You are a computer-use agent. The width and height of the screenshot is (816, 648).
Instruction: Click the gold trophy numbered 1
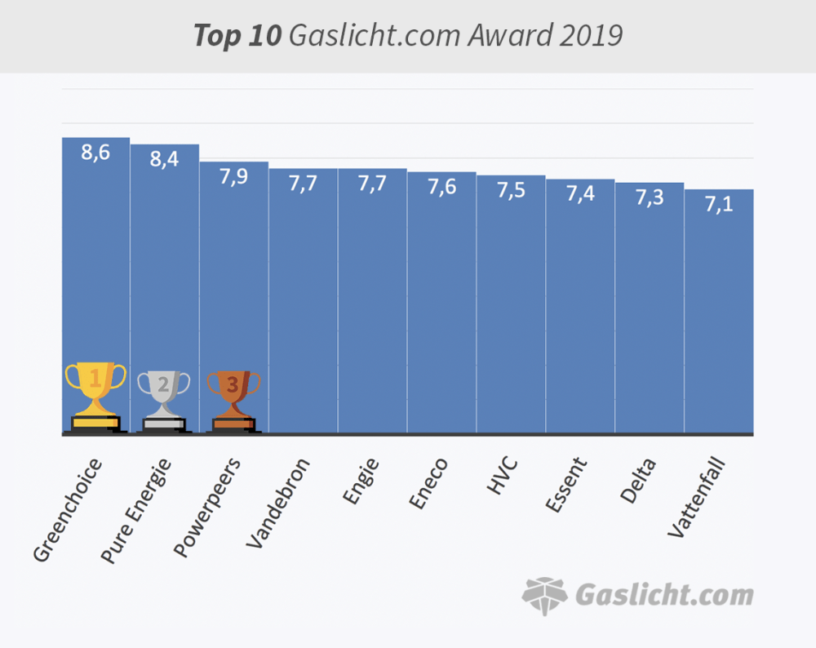tap(95, 396)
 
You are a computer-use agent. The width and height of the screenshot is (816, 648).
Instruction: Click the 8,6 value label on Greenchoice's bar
tap(95, 153)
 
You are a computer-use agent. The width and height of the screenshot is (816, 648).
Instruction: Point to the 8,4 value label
tap(164, 160)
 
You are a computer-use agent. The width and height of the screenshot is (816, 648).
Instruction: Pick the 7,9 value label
tap(234, 177)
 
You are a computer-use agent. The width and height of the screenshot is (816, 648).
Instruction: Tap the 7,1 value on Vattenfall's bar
tap(719, 204)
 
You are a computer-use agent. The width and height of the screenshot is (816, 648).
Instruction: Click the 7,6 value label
tap(442, 187)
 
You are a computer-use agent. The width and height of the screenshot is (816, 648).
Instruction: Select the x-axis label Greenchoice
tap(69, 511)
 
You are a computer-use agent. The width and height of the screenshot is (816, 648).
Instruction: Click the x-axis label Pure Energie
tap(136, 511)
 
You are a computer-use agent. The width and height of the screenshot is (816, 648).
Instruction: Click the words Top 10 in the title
tap(237, 36)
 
